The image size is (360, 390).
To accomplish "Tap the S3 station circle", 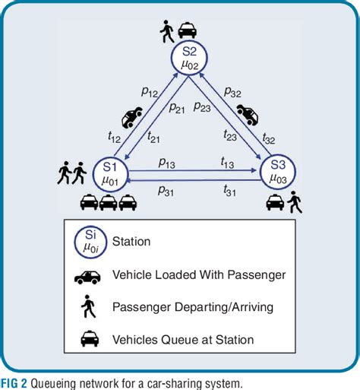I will point(276,173).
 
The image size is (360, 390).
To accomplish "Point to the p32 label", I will point(233,93).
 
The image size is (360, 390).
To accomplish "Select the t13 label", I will point(226,161).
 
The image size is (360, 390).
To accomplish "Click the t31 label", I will point(226,189).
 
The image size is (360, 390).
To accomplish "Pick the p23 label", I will point(201,106).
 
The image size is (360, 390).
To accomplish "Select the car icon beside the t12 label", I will point(131,119).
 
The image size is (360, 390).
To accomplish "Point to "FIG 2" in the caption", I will point(14,381).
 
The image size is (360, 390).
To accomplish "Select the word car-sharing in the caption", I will point(160,381).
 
